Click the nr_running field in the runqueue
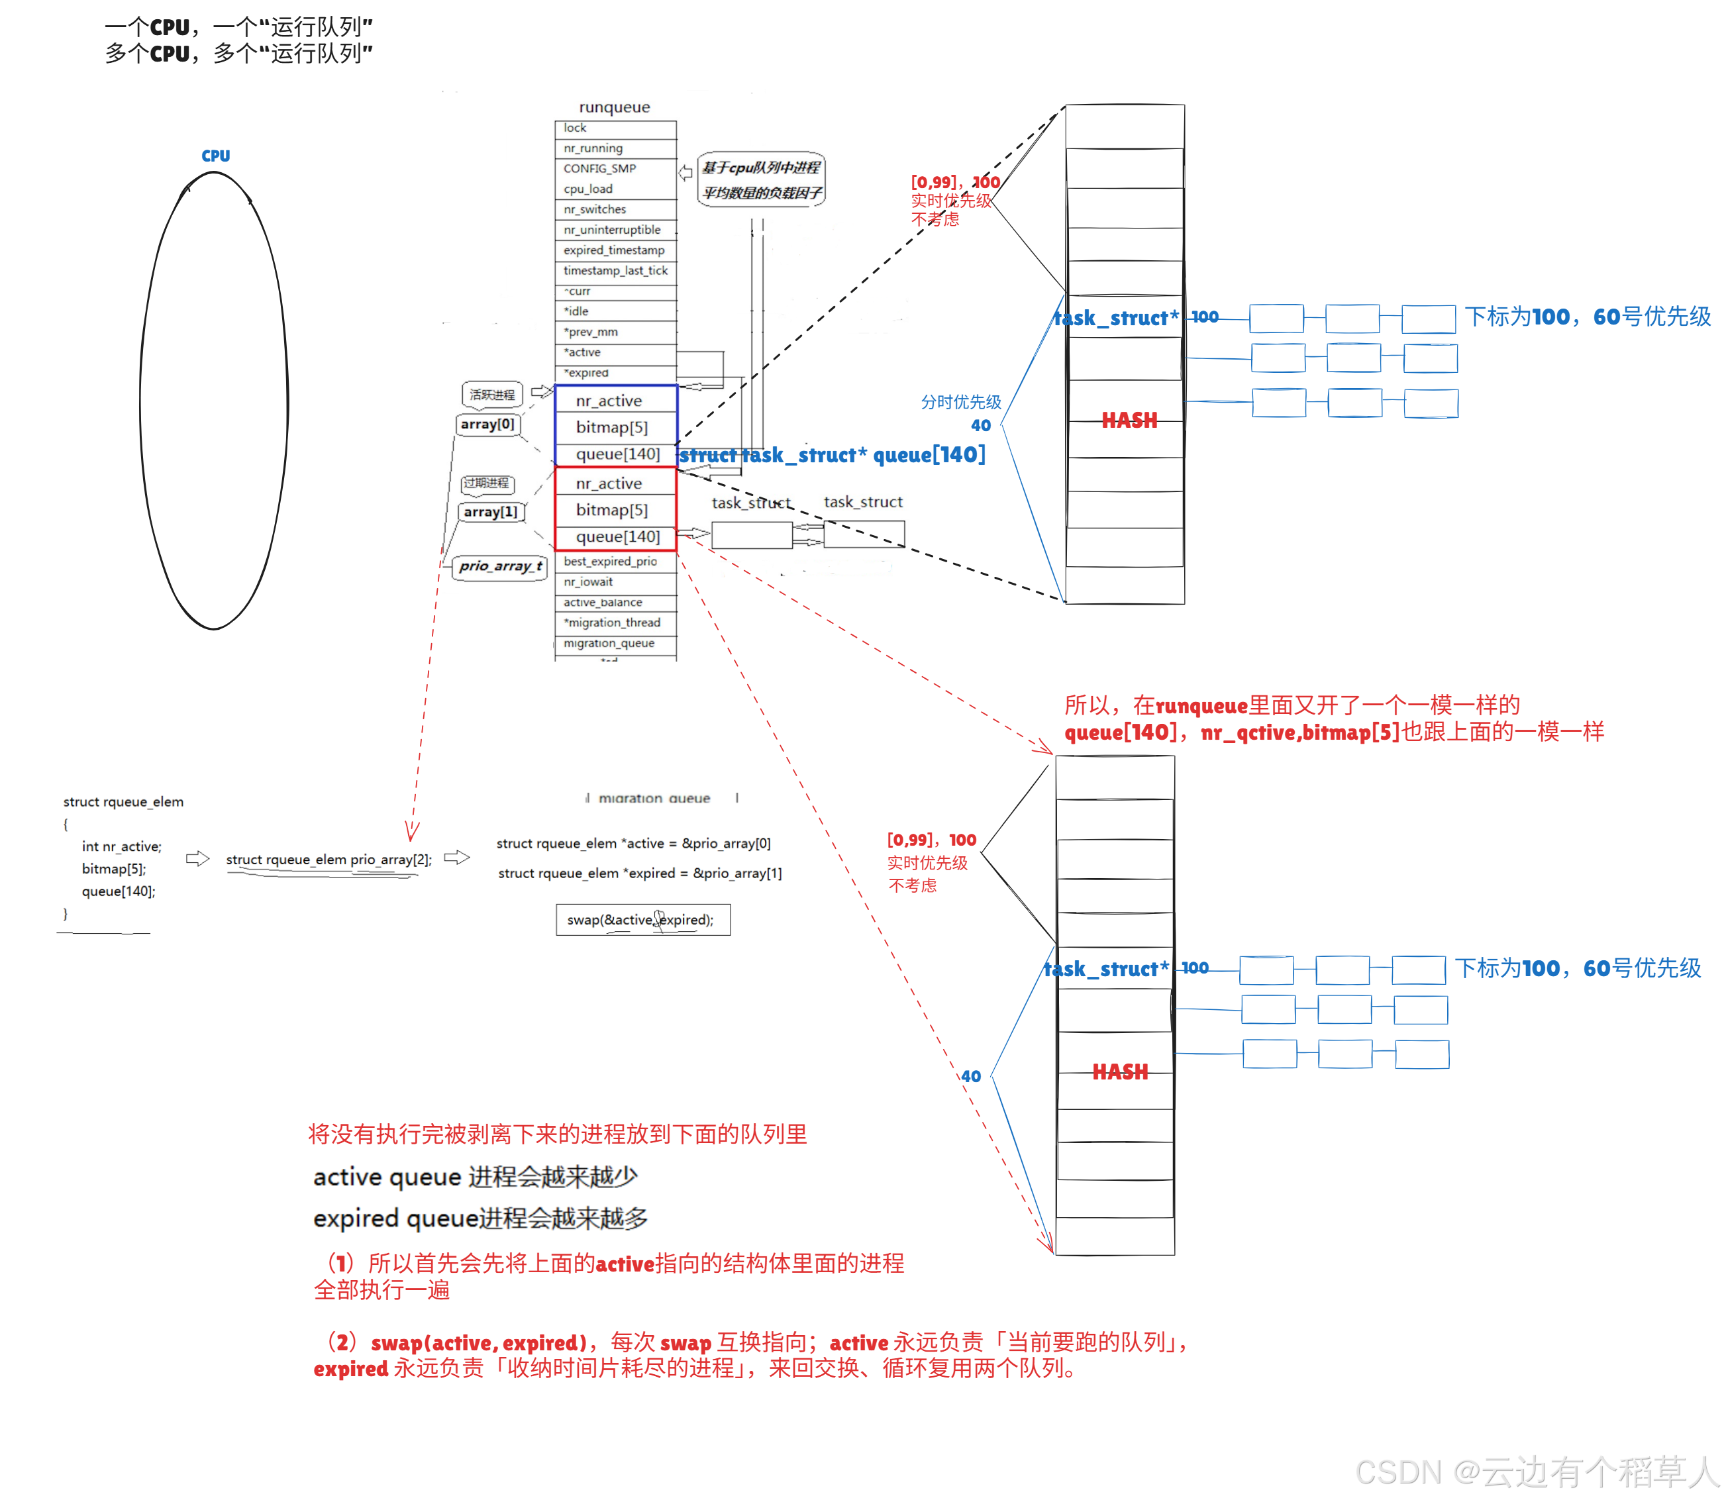point(615,148)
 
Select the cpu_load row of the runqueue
point(615,189)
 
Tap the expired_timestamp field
point(615,250)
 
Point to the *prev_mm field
point(615,332)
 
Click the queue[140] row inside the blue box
point(617,454)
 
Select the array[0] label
point(487,425)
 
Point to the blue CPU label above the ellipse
point(215,156)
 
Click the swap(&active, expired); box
point(642,920)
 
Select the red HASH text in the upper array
point(1129,421)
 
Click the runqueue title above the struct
point(614,107)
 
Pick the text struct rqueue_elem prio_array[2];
point(329,860)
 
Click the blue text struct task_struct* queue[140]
point(831,456)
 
